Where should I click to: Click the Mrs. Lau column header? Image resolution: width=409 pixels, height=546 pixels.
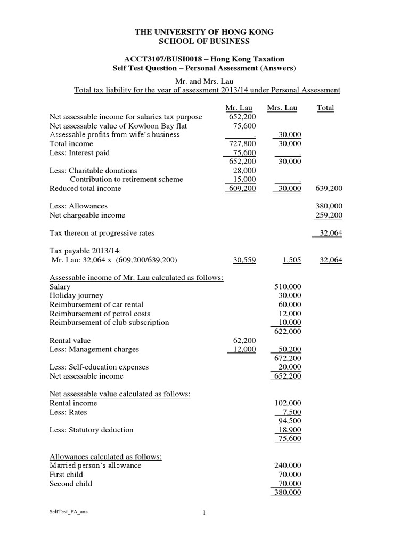click(x=282, y=108)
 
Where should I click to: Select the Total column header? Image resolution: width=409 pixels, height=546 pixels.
click(x=325, y=108)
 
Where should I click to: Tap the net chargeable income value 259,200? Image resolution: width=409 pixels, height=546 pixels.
click(x=330, y=215)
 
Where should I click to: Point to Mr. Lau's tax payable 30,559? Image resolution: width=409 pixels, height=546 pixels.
click(x=243, y=260)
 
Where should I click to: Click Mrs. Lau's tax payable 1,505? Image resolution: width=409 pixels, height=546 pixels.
click(x=291, y=260)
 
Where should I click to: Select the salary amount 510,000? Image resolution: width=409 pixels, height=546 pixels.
click(x=288, y=287)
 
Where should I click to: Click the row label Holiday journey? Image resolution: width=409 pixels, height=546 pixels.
click(x=77, y=295)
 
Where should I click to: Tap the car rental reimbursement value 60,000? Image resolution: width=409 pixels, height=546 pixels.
click(x=290, y=304)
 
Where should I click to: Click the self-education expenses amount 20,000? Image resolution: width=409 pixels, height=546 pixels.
click(x=290, y=367)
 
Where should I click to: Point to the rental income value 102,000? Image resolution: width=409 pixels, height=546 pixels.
click(x=288, y=403)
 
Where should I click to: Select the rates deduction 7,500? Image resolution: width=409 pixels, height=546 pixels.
click(x=292, y=412)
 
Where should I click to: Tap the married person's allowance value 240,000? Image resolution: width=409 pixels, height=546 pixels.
click(x=288, y=465)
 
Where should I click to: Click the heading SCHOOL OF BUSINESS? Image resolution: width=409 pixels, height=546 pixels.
click(x=204, y=41)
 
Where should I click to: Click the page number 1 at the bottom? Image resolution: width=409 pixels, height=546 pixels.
click(x=204, y=513)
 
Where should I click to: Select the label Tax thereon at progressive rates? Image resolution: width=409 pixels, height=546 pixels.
click(x=102, y=233)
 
